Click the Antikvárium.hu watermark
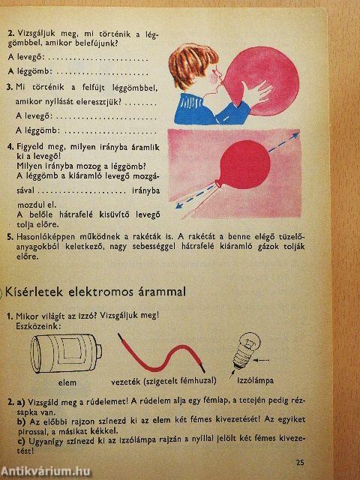point(45,469)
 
